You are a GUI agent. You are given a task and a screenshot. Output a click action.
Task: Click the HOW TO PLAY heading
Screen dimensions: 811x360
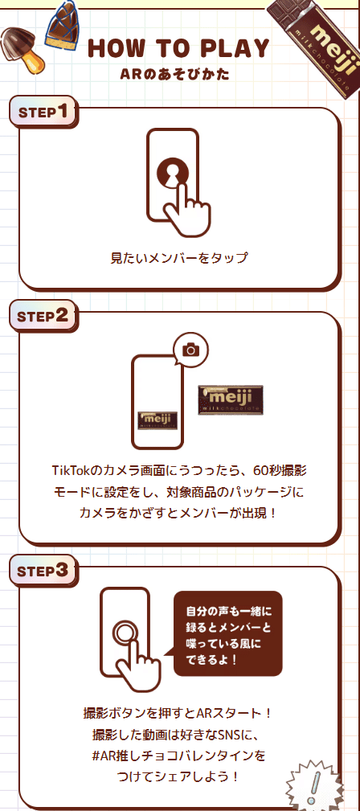coord(178,48)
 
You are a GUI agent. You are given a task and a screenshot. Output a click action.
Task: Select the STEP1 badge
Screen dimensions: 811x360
coord(43,111)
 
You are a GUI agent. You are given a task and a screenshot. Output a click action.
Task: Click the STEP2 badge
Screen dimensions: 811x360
coord(43,316)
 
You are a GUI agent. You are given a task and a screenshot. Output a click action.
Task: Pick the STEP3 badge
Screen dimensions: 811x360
coord(43,571)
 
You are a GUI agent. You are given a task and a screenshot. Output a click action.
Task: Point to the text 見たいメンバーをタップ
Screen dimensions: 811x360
coord(179,258)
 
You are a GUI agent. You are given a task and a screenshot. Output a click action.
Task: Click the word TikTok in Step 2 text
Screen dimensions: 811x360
coord(71,470)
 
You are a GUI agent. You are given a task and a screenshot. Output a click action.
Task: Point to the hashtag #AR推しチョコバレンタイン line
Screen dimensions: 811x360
coord(179,756)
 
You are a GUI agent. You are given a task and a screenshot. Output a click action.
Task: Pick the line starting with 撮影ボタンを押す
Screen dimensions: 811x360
coord(179,713)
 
